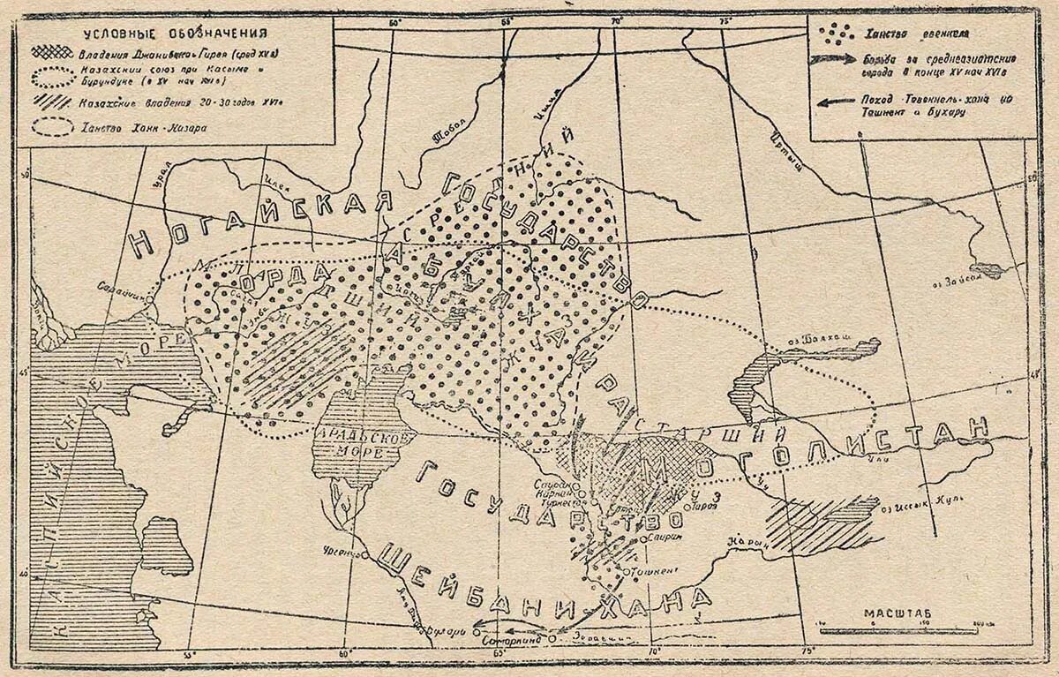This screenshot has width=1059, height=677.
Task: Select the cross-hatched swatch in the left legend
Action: point(51,53)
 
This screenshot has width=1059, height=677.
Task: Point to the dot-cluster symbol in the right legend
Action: point(836,33)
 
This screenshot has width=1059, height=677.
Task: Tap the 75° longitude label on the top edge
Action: point(725,20)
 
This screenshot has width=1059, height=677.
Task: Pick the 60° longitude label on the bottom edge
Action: point(343,653)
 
